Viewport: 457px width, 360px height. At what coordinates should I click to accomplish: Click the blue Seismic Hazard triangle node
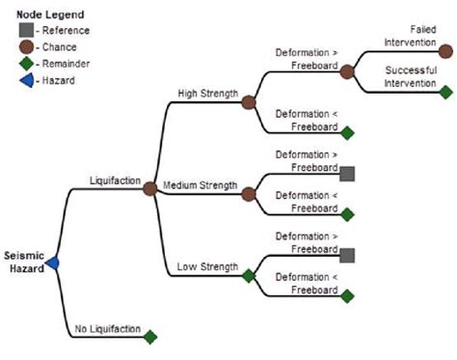click(53, 263)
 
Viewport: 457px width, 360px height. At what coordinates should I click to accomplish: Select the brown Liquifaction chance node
click(149, 189)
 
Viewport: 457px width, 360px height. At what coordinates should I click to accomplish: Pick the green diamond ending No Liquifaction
click(149, 336)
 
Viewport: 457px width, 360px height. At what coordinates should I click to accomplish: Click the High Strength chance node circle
click(249, 101)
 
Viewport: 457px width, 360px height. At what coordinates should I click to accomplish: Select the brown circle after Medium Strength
click(249, 189)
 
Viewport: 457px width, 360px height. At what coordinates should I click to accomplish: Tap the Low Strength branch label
click(202, 267)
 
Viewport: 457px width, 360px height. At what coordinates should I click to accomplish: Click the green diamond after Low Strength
click(249, 275)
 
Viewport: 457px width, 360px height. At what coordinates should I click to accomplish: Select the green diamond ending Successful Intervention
click(445, 93)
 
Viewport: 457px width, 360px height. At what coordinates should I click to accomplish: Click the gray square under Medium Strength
click(347, 174)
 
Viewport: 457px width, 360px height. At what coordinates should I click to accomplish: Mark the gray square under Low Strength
click(347, 255)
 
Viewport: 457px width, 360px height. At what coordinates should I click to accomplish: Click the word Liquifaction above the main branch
click(115, 180)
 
